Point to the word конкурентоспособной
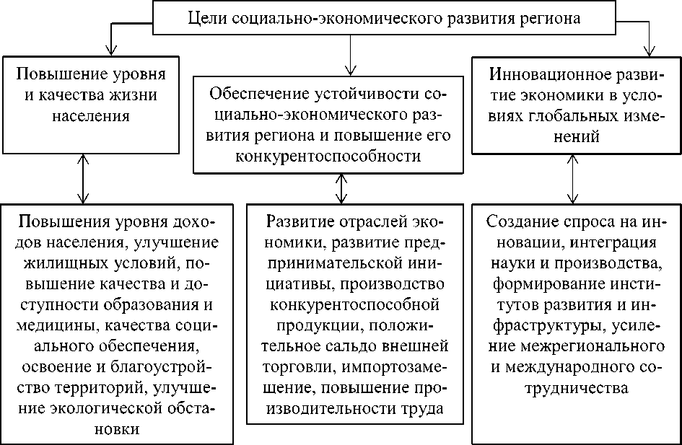tap(346, 304)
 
